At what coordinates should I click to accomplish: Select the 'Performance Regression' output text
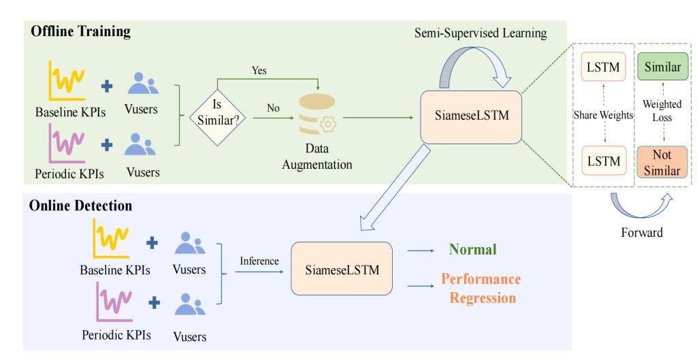[x=480, y=289]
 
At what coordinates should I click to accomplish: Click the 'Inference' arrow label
[x=259, y=261]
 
